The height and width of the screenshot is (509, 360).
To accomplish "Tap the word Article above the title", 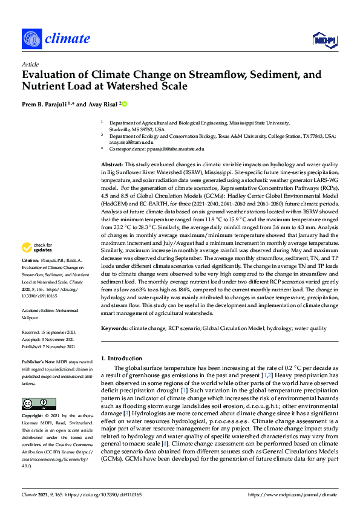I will point(30,63).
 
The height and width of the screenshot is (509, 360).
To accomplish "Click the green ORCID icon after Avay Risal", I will point(125,104).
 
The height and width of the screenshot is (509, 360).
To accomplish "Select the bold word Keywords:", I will point(114,328).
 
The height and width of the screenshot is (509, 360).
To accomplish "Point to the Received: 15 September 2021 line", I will point(48,332).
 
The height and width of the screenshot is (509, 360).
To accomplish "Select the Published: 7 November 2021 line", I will point(48,346).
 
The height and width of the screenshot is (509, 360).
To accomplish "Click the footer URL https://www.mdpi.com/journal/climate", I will point(293,494).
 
